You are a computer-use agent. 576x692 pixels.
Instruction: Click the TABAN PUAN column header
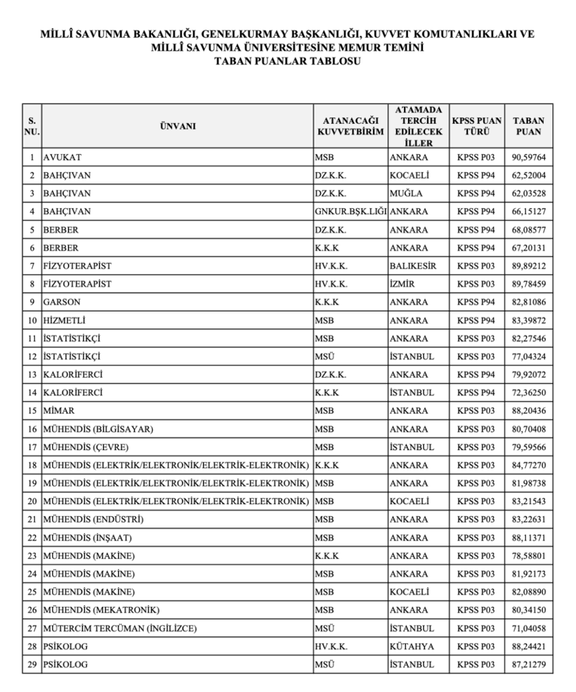pyautogui.click(x=528, y=126)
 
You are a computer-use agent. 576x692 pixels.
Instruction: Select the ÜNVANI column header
pyautogui.click(x=177, y=126)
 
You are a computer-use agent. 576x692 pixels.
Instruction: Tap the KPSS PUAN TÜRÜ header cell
pyautogui.click(x=476, y=126)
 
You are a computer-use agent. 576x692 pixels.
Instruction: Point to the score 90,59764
pyautogui.click(x=528, y=156)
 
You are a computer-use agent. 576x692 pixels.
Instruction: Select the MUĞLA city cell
pyautogui.click(x=408, y=193)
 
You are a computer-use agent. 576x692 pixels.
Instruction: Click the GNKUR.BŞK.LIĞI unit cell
pyautogui.click(x=350, y=211)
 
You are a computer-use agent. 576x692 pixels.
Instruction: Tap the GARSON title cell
pyautogui.click(x=62, y=302)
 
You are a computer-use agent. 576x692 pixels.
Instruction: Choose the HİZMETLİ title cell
pyautogui.click(x=65, y=321)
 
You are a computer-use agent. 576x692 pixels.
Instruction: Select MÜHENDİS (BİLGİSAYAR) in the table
pyautogui.click(x=98, y=429)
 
